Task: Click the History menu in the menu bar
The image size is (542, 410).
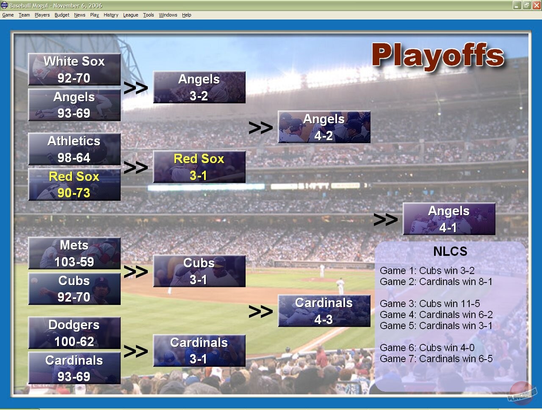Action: click(x=111, y=15)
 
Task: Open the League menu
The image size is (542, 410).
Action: click(x=130, y=15)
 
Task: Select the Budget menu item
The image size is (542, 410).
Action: click(x=62, y=15)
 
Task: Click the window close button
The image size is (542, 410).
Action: click(x=536, y=6)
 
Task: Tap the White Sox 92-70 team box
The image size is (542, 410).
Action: click(x=74, y=69)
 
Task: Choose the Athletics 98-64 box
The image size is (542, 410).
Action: click(x=74, y=149)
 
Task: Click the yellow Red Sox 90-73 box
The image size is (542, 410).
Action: click(x=74, y=185)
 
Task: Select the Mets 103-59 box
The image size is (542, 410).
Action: click(x=74, y=253)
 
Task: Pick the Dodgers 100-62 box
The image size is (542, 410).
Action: click(x=74, y=333)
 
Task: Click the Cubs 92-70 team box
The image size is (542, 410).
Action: click(x=74, y=289)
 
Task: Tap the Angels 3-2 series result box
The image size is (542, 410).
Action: click(x=199, y=87)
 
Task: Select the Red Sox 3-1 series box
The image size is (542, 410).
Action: click(x=199, y=167)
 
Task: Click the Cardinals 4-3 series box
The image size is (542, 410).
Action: click(x=324, y=311)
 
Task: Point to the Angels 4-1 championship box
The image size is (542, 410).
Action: click(x=449, y=219)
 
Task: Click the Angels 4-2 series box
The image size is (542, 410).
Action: click(x=324, y=127)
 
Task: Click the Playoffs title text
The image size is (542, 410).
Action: click(x=438, y=56)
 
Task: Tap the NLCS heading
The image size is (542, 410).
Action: click(x=450, y=252)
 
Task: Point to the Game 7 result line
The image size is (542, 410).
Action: click(x=436, y=359)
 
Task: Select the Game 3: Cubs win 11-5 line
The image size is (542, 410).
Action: click(x=430, y=304)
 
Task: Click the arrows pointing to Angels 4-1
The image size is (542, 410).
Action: click(x=385, y=219)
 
